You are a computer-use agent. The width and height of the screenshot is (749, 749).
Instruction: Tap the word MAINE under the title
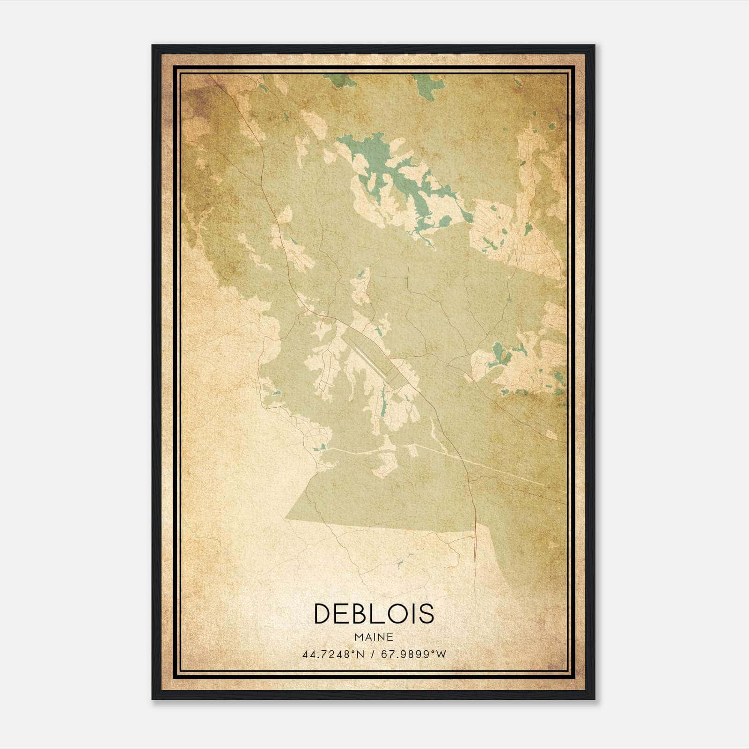point(374,637)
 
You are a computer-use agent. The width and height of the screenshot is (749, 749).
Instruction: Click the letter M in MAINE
point(359,637)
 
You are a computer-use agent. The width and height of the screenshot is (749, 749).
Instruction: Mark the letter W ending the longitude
point(442,654)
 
